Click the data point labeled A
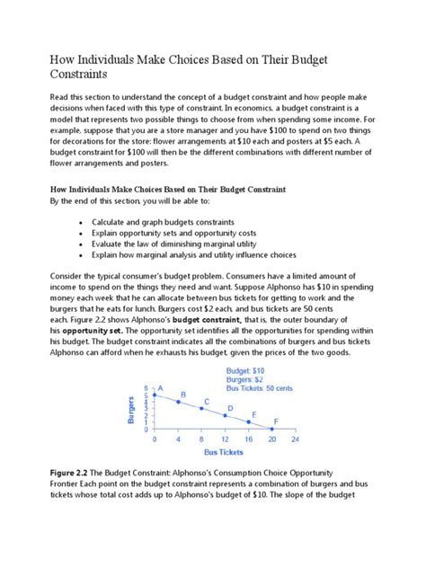click(x=155, y=394)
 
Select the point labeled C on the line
click(x=200, y=408)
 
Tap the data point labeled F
click(x=271, y=430)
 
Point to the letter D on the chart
click(x=230, y=407)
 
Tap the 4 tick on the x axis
click(x=178, y=440)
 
